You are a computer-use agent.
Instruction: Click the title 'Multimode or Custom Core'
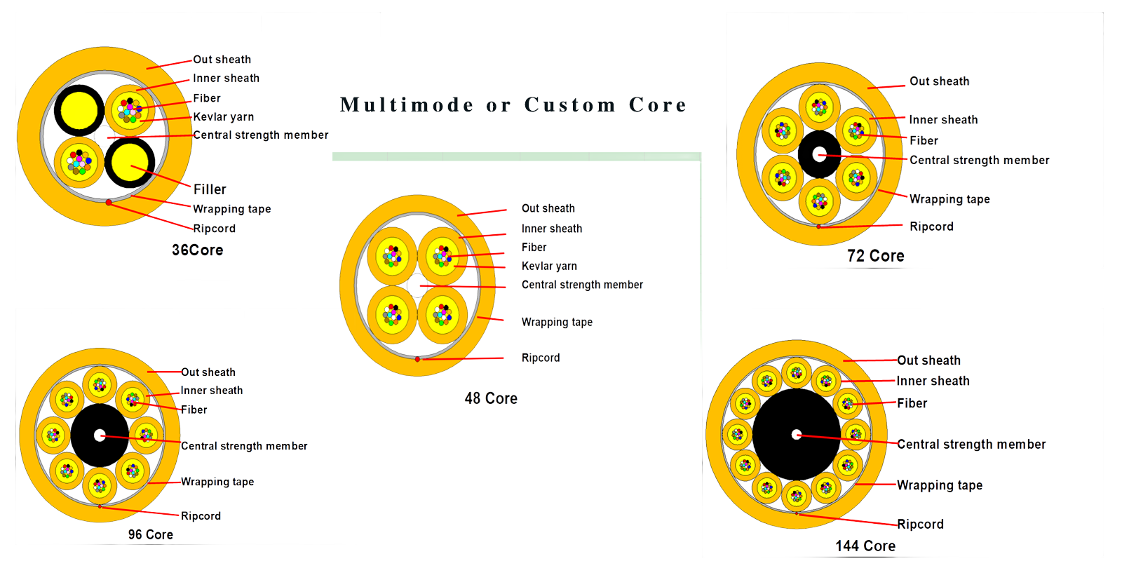513,105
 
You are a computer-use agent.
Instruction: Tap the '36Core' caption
198,250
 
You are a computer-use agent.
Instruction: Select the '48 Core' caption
491,398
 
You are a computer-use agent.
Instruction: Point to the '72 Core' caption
875,256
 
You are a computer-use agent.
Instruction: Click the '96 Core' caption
150,534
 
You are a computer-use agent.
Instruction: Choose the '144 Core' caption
865,546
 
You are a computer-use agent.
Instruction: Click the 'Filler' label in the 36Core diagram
210,189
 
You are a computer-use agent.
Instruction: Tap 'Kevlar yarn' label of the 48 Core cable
549,266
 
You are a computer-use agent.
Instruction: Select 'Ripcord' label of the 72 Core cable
931,227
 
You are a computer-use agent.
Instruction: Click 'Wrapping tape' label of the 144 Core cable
940,485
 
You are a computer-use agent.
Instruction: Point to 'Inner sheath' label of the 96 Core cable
212,391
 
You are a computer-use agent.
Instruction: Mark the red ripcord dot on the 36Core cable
109,202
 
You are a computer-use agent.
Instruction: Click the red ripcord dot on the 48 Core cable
417,359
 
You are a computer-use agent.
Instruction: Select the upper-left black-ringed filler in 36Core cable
79,110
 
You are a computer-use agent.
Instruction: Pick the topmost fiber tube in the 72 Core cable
819,107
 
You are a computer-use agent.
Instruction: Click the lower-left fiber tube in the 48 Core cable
392,315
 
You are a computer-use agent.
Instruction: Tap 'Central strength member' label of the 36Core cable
260,135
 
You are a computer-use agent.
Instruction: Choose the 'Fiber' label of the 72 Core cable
924,140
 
